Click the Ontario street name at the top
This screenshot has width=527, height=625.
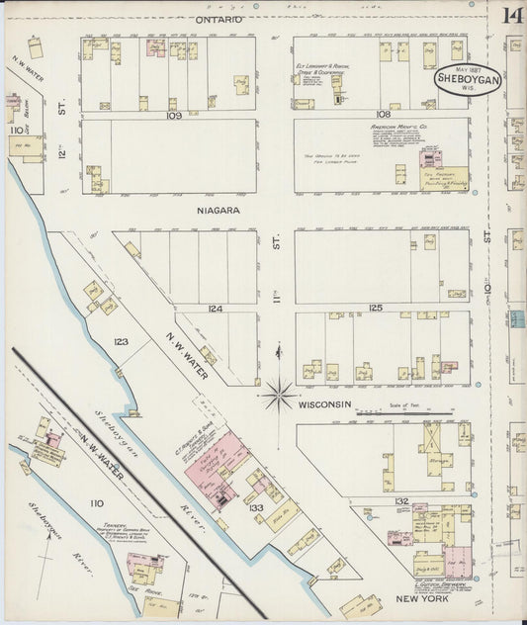click(219, 19)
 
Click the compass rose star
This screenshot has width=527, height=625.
click(280, 396)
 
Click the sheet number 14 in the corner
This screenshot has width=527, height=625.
click(512, 16)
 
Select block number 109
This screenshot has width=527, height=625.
click(174, 115)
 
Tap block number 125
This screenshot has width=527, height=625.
click(375, 309)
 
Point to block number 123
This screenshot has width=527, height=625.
click(121, 342)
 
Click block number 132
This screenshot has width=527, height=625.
click(400, 502)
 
